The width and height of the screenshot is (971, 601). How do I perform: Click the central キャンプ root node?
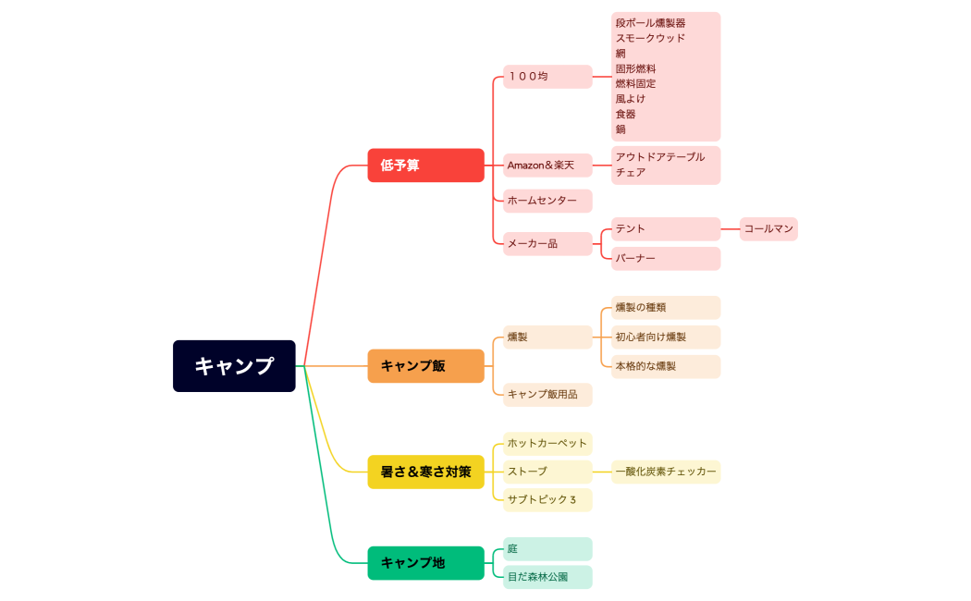coord(234,366)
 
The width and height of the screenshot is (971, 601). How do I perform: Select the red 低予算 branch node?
coord(425,166)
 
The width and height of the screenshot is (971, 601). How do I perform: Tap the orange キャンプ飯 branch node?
coord(425,366)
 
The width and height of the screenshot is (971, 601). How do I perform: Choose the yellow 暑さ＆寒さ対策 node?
coord(425,472)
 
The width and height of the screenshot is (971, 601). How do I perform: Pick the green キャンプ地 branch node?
coord(425,562)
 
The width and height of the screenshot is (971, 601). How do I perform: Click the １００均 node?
coord(547,77)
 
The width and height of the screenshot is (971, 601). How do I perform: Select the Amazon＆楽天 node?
coord(547,166)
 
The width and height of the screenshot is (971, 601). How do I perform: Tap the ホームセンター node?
coord(547,201)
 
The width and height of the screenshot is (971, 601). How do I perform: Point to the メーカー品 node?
coord(547,244)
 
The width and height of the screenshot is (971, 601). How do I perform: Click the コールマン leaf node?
coord(768,228)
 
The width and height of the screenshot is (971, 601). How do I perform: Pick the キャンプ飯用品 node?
coord(547,395)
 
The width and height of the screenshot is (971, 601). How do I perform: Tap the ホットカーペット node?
coord(547,443)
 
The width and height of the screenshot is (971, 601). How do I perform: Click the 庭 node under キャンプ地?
coord(547,549)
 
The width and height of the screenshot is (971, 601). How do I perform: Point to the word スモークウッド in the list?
coord(650,38)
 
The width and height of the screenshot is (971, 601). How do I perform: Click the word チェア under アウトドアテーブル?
coord(631,172)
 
